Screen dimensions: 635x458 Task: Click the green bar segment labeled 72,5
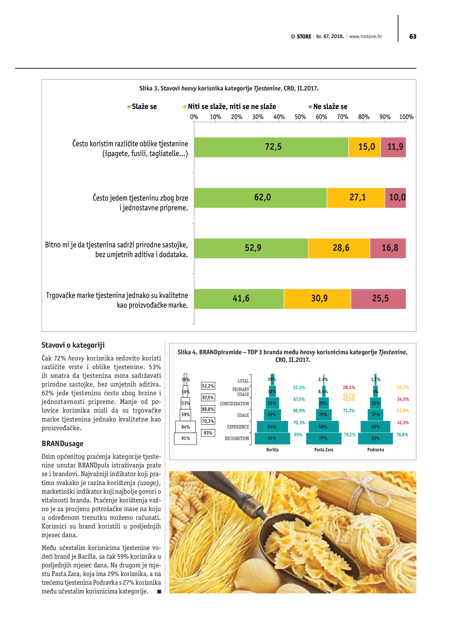pyautogui.click(x=271, y=147)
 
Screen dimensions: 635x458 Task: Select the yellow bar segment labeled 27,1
pyautogui.click(x=356, y=198)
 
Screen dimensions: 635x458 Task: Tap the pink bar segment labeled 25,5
pyautogui.click(x=378, y=299)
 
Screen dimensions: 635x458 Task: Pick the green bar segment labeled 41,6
pyautogui.click(x=239, y=299)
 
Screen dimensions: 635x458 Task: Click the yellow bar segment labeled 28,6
pyautogui.click(x=339, y=248)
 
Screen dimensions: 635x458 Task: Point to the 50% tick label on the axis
pyautogui.click(x=300, y=117)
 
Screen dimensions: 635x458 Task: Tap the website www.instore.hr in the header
pyautogui.click(x=365, y=36)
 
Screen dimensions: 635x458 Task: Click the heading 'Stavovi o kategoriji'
pyautogui.click(x=73, y=345)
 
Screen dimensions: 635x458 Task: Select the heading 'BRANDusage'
pyautogui.click(x=63, y=443)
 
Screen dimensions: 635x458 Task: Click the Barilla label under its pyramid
pyautogui.click(x=272, y=450)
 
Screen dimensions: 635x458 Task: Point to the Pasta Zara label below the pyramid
pyautogui.click(x=323, y=450)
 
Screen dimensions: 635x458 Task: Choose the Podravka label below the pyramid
pyautogui.click(x=376, y=450)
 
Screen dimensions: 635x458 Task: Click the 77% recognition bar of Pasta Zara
pyautogui.click(x=323, y=438)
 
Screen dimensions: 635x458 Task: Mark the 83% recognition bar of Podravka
pyautogui.click(x=376, y=438)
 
